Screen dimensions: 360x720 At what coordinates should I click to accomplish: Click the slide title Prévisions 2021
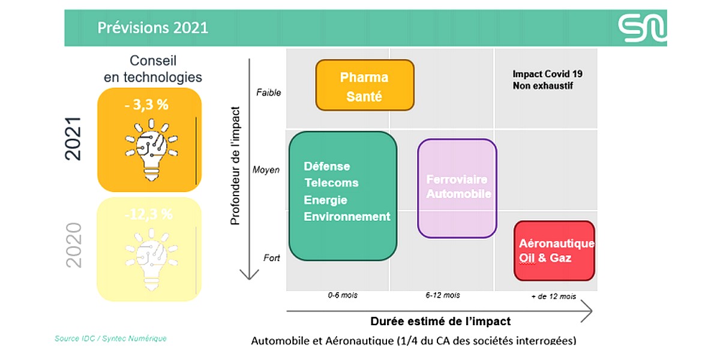tap(152, 28)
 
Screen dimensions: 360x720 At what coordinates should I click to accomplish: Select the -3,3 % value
tap(146, 104)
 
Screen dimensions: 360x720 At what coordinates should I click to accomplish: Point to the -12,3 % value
tap(148, 214)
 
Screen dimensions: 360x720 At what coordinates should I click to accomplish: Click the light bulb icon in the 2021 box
tap(151, 149)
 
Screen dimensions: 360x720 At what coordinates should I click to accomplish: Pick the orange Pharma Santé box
tap(365, 85)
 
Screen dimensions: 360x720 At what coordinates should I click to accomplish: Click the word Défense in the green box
tap(327, 166)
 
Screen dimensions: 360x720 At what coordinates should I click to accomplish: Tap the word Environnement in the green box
tap(347, 217)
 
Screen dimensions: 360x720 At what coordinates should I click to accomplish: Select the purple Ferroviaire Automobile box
tap(457, 188)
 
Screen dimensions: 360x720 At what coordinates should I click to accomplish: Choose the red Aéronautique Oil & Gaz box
tap(554, 251)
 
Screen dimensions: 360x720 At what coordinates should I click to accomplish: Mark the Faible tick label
tap(268, 92)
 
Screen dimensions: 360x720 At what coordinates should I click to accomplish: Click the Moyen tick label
tap(266, 170)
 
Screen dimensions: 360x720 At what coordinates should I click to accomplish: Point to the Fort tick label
tap(272, 258)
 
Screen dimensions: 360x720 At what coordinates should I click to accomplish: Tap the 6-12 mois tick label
tap(443, 295)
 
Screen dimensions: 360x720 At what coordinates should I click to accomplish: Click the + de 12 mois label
tap(553, 296)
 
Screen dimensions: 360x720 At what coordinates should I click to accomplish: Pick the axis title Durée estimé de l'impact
tap(440, 321)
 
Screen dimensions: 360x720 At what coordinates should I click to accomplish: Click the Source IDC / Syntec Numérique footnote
tap(110, 338)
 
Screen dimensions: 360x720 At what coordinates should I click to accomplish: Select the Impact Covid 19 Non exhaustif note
tap(547, 80)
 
